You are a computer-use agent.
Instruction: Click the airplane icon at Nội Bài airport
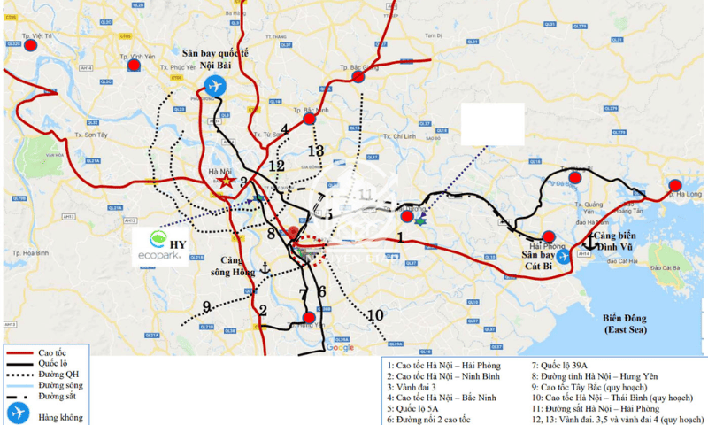(215, 86)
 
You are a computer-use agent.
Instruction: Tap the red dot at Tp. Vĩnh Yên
(134, 65)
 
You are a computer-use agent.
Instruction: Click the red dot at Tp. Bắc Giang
(358, 77)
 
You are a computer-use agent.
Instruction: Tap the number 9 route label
(206, 307)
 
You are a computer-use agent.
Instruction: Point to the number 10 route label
(375, 314)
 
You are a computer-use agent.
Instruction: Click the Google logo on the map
(340, 348)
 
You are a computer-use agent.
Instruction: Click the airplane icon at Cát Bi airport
(563, 257)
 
